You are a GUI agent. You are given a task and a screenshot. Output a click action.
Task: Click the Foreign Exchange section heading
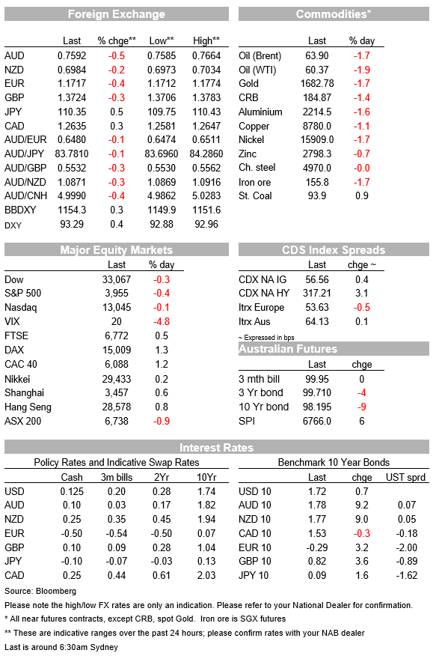tap(117, 14)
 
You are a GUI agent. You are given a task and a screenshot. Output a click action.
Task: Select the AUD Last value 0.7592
tap(72, 55)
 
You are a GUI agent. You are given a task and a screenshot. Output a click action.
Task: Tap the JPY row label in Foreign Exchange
tap(13, 112)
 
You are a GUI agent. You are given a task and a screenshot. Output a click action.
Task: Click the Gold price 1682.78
tap(317, 84)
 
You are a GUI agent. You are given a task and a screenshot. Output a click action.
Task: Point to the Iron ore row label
tap(254, 183)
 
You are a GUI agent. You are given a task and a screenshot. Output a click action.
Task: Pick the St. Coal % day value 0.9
tap(362, 195)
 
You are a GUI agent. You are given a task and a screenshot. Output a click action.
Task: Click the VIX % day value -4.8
tap(162, 322)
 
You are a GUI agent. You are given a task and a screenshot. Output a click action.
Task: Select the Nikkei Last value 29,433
tap(117, 380)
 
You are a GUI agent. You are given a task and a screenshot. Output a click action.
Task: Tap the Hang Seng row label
tap(28, 407)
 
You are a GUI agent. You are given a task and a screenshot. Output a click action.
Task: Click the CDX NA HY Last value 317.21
tap(317, 294)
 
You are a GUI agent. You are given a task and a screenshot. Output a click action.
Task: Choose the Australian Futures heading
tap(288, 349)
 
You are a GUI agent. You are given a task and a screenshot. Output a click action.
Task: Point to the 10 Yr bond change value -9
tap(362, 407)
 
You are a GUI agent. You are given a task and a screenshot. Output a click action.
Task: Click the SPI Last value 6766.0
tap(317, 422)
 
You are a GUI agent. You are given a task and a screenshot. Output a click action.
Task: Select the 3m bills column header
tap(117, 477)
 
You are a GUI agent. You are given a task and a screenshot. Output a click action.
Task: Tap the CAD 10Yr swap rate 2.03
tap(206, 576)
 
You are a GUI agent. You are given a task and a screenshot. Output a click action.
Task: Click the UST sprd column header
tap(405, 477)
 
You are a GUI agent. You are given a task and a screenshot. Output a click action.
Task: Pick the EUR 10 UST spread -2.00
tap(407, 547)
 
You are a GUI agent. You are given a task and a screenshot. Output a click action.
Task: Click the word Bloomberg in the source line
tap(56, 591)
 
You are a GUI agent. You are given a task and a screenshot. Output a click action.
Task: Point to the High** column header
tap(206, 41)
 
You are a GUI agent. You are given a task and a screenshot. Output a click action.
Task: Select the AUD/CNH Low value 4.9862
tap(162, 195)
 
